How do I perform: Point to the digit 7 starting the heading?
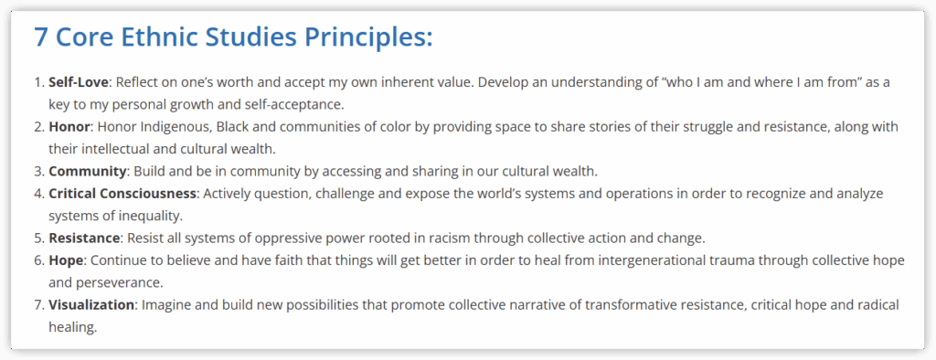[40, 37]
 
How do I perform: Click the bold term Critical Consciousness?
[122, 194]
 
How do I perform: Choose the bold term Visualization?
[91, 305]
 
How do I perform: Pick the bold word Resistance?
[84, 238]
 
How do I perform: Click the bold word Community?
[88, 172]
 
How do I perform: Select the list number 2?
[37, 127]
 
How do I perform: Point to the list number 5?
[37, 238]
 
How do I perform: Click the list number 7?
[37, 305]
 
